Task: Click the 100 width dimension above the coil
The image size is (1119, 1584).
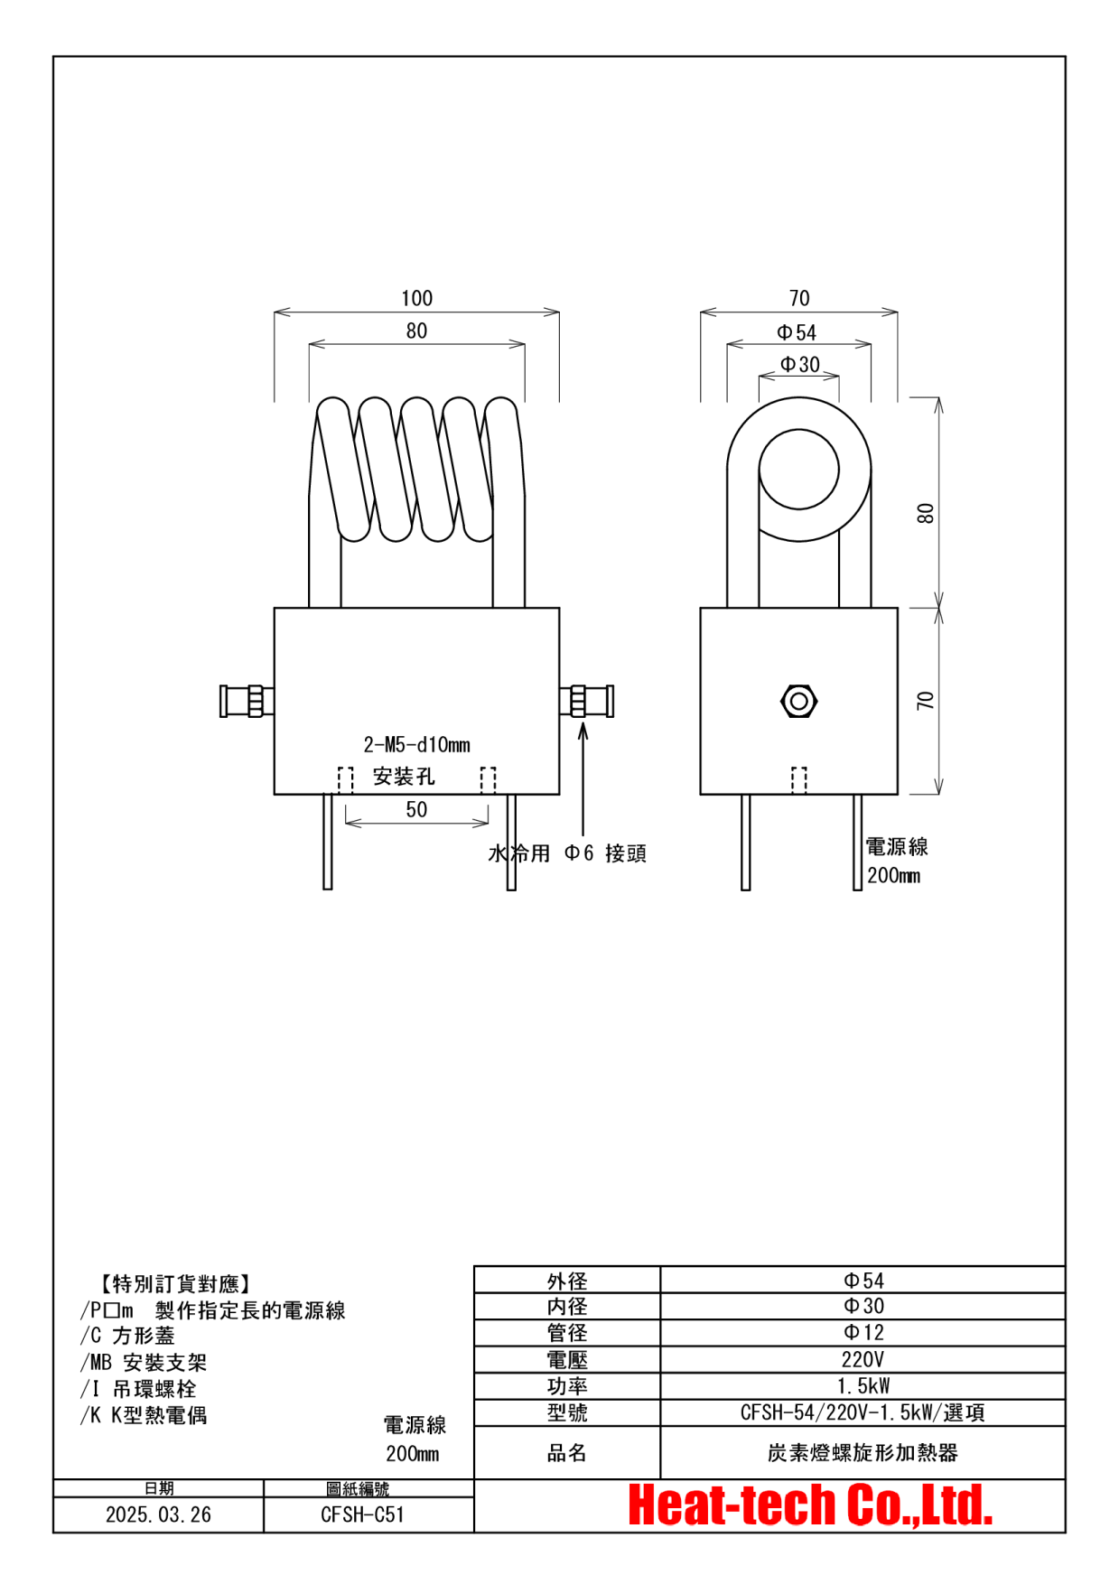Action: click(416, 298)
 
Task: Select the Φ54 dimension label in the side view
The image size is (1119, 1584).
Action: click(797, 332)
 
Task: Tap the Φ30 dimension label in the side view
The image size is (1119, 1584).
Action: click(800, 364)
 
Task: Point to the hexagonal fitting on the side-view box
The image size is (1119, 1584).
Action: click(798, 701)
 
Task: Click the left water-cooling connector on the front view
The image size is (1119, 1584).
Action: click(247, 701)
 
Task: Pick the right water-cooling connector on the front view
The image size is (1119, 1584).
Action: click(587, 701)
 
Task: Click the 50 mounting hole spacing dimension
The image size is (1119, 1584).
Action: click(416, 809)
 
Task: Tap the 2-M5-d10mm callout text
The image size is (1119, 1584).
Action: click(416, 745)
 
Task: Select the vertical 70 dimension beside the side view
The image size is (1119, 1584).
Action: click(926, 701)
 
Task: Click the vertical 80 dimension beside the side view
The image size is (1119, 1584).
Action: click(926, 513)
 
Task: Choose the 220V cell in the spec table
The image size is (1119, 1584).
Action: click(863, 1359)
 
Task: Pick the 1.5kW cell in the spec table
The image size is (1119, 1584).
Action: click(863, 1385)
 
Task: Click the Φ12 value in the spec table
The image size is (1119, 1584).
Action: click(863, 1332)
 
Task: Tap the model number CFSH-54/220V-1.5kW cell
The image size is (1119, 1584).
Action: click(863, 1412)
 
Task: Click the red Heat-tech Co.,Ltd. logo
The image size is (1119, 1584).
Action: click(810, 1505)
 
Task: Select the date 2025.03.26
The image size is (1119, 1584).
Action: click(158, 1514)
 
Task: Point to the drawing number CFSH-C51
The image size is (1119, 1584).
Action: click(362, 1514)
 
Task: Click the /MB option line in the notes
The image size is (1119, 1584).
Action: click(144, 1362)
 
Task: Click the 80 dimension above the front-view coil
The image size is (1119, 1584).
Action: click(416, 331)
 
